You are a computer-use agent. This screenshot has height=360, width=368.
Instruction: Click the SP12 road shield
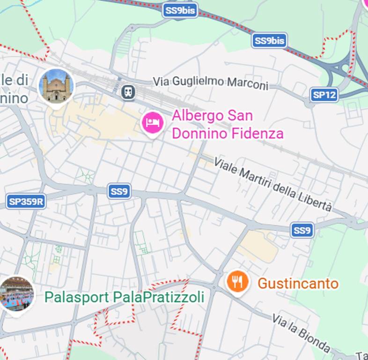[x=324, y=95]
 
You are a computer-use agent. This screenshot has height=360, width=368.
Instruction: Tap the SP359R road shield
[x=26, y=202]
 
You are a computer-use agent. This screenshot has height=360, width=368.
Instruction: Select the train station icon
[x=128, y=92]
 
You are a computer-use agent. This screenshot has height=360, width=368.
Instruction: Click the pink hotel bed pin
[x=152, y=123]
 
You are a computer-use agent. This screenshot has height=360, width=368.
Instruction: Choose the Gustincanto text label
[x=298, y=284]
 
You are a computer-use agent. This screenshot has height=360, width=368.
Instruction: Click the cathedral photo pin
[x=56, y=86]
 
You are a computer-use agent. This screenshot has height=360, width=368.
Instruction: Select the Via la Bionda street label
[x=301, y=332]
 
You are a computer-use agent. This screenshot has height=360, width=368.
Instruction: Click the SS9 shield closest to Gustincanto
[x=302, y=230]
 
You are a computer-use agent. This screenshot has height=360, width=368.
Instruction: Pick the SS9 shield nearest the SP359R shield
[x=119, y=191]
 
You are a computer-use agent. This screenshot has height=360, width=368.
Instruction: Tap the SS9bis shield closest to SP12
[x=269, y=41]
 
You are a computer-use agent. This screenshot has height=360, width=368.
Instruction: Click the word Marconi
[x=248, y=84]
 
